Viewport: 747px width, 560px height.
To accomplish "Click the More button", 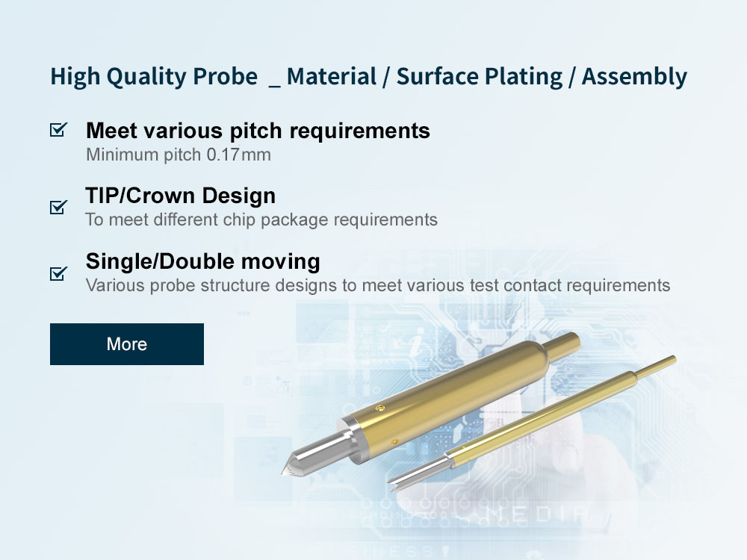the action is click(x=127, y=343).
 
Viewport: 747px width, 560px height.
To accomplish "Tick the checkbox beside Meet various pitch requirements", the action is click(x=58, y=129).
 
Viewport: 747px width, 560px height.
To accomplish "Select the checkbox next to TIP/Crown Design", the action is click(x=58, y=207).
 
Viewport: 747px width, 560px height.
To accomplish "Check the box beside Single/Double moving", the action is click(x=58, y=273).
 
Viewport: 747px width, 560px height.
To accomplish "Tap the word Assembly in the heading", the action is click(x=634, y=77).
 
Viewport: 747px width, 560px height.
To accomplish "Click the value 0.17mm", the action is click(x=239, y=155).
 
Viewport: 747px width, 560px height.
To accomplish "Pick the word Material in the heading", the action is click(x=332, y=77).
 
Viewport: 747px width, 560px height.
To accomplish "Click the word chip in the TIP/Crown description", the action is click(x=239, y=220).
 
